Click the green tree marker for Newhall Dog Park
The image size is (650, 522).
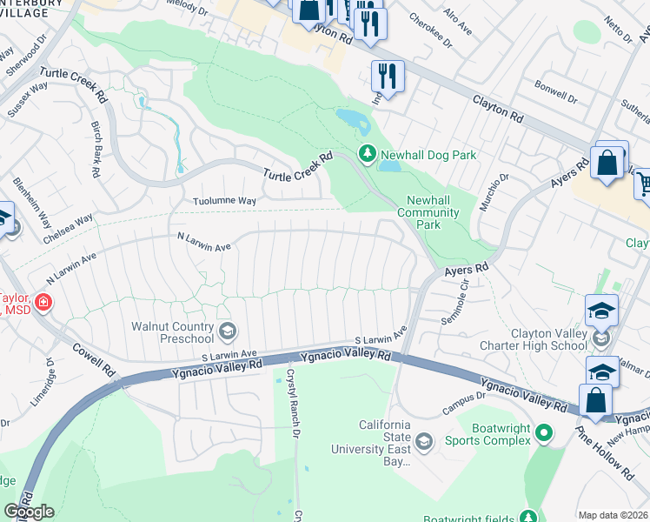click(x=368, y=155)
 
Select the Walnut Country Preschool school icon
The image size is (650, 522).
click(x=227, y=329)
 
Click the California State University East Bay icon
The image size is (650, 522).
click(x=423, y=441)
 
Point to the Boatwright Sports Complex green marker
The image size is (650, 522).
click(x=544, y=432)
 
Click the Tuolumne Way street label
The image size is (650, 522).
click(x=224, y=201)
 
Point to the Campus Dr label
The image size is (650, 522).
click(x=462, y=400)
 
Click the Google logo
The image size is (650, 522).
click(x=29, y=512)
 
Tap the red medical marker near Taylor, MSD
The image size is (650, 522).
click(x=42, y=303)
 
